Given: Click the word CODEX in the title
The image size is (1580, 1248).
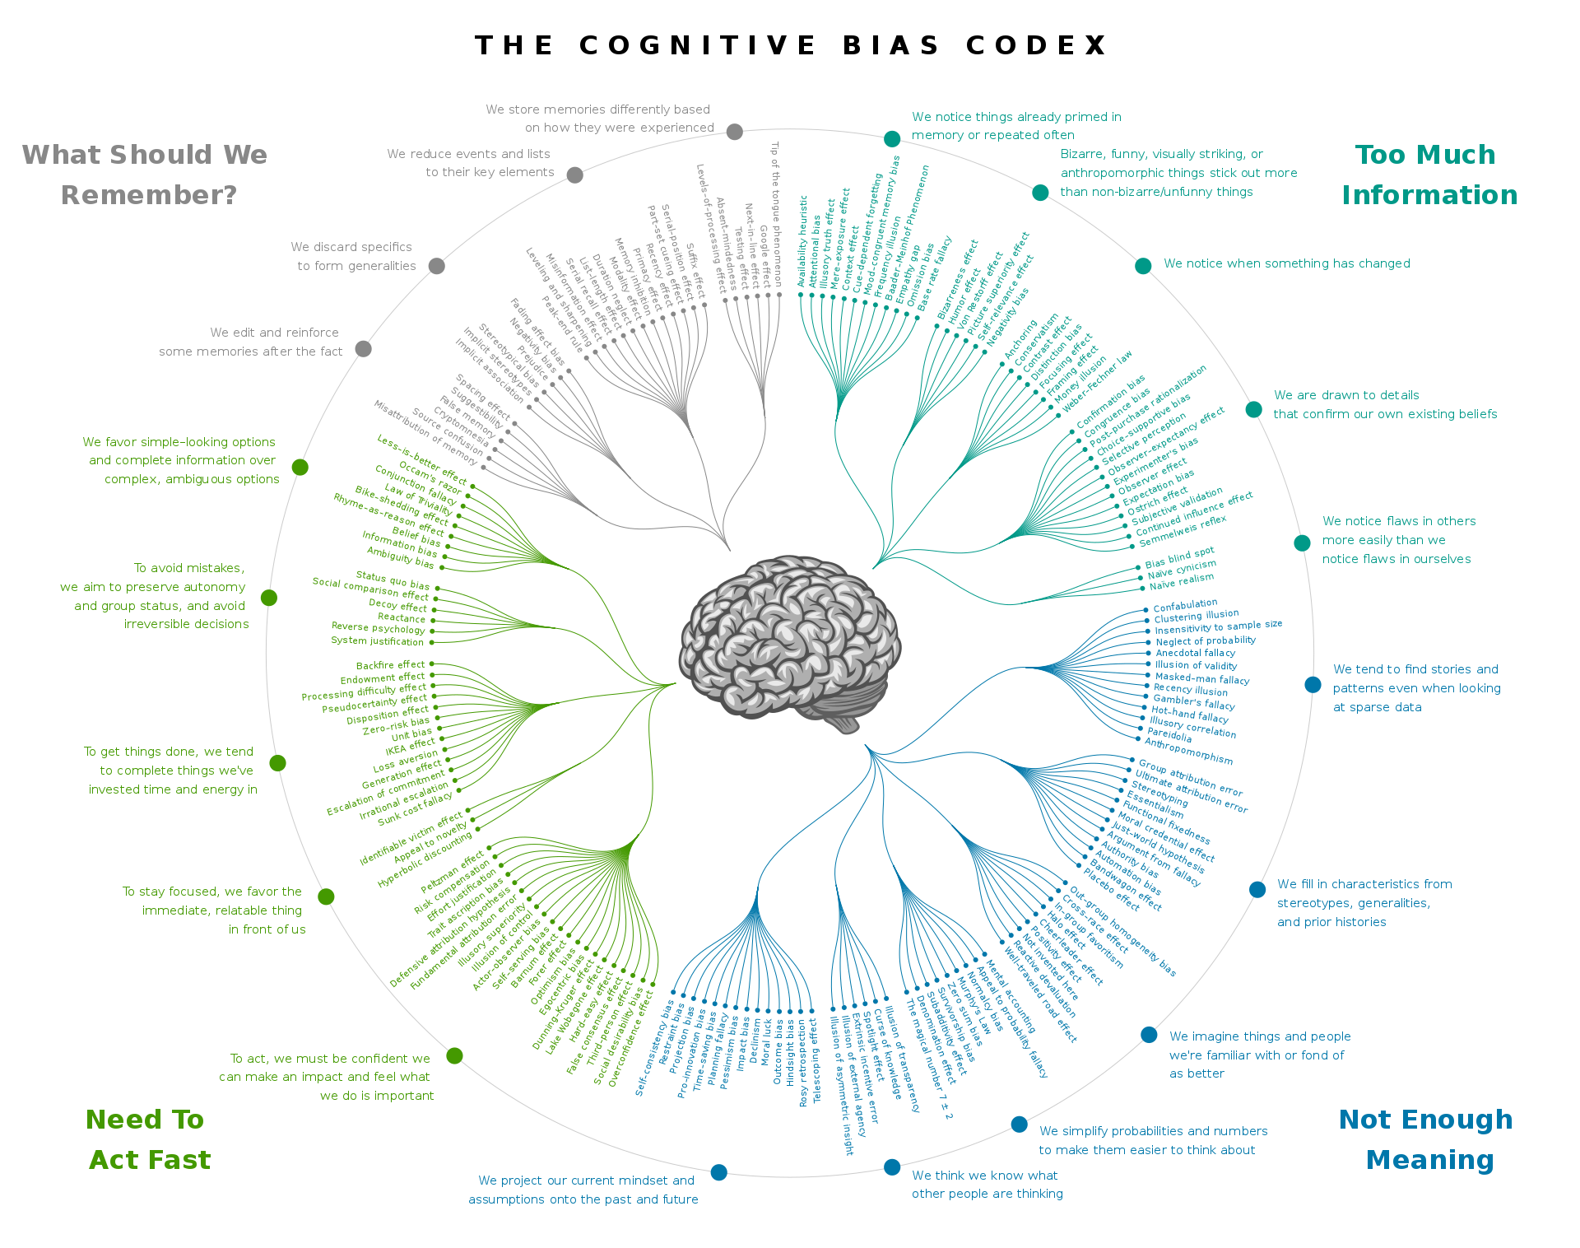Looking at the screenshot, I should coord(1037,45).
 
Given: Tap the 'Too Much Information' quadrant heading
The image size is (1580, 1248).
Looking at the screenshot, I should coord(1429,175).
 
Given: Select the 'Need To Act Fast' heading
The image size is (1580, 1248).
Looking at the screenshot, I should coord(148,1139).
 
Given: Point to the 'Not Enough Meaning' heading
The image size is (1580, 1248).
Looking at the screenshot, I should coord(1427,1139).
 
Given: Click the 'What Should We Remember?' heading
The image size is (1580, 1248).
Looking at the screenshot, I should coord(146,175).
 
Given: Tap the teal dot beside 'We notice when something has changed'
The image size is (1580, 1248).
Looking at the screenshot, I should coord(1143,265).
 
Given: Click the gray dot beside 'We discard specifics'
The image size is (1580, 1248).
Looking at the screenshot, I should coord(437,266).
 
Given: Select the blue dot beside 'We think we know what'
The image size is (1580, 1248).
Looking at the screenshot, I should coord(892,1167).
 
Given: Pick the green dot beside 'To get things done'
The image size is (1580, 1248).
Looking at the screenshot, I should coord(278,763).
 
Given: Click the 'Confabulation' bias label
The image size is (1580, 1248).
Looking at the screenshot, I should coord(1185,605).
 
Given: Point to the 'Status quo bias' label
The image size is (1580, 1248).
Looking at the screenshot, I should coord(393,580).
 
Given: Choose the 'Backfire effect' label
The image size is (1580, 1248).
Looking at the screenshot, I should coord(390,665).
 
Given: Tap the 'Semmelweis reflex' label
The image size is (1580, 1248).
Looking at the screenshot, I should coord(1183,531).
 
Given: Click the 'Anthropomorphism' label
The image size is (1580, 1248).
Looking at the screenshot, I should coord(1188,751).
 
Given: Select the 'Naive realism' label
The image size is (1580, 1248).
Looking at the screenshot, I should coord(1182,582).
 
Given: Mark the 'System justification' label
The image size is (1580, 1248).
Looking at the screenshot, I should coord(377,640).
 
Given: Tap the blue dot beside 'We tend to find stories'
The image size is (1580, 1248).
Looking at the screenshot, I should coord(1313,685).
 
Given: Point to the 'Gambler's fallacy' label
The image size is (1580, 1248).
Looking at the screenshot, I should coord(1194,702).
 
